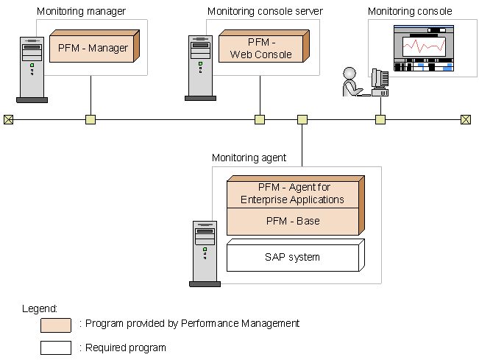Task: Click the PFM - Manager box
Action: click(93, 49)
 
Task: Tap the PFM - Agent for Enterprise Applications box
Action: click(294, 194)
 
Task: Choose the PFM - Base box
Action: click(294, 220)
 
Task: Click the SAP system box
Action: click(292, 257)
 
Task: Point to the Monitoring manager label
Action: click(81, 11)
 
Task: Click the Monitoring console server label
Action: click(265, 11)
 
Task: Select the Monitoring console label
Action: click(410, 11)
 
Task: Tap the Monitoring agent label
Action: click(249, 158)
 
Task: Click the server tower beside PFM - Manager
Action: click(32, 68)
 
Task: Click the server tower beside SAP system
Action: click(204, 253)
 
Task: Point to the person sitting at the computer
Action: click(352, 82)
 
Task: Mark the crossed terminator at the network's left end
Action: click(8, 119)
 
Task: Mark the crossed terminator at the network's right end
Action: click(465, 119)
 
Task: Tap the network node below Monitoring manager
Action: click(91, 119)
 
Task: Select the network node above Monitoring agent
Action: click(302, 119)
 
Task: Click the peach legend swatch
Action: click(56, 325)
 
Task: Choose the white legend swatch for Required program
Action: click(56, 347)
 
